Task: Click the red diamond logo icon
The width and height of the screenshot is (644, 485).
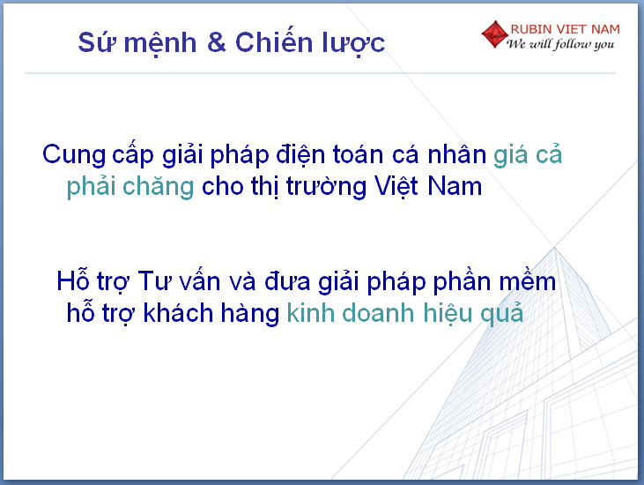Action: (x=495, y=34)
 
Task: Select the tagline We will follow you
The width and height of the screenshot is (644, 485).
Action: (x=560, y=44)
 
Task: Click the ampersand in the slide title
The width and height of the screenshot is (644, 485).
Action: (x=217, y=42)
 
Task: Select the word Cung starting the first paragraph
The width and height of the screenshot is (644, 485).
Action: (x=74, y=156)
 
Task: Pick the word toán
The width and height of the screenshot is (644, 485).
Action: (x=358, y=154)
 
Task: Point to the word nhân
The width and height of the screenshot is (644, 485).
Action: (x=456, y=154)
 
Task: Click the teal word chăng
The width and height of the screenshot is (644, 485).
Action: (x=158, y=188)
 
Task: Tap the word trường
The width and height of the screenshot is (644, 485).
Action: (x=326, y=188)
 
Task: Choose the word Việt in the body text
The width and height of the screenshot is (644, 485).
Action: (x=396, y=187)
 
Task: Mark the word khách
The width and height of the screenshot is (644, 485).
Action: (x=178, y=313)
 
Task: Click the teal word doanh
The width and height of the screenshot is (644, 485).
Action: (x=378, y=313)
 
